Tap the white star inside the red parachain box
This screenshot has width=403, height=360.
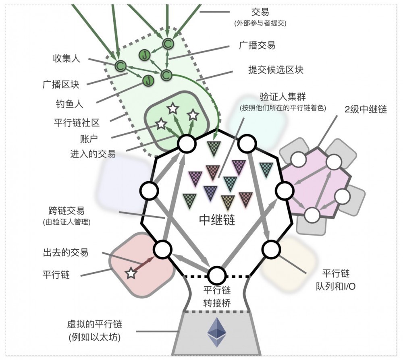point(131,274)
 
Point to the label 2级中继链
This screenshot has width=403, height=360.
point(366,109)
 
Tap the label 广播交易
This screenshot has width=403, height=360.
point(257,45)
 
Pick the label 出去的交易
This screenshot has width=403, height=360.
point(65,252)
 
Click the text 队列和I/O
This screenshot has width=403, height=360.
point(336,286)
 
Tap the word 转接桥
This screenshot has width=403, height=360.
point(217,303)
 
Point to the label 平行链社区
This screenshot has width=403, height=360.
point(76,122)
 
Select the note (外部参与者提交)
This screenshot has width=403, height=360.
point(260,23)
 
